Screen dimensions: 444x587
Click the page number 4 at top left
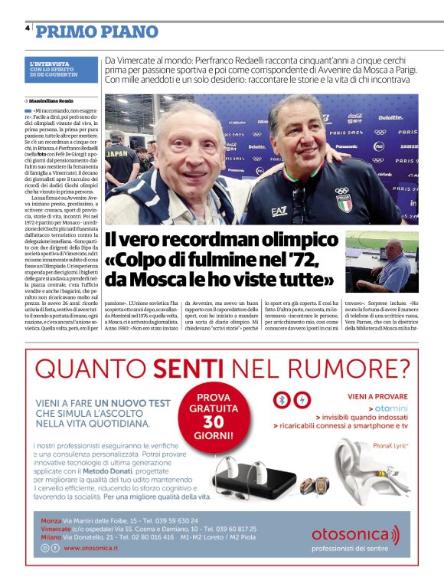click(28, 28)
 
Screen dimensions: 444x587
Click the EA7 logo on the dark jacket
click(279, 212)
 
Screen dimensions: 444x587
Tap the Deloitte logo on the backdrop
click(390, 118)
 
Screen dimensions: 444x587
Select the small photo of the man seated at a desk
click(382, 262)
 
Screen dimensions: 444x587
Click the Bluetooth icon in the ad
click(282, 400)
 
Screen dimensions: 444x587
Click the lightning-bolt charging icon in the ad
click(302, 400)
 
